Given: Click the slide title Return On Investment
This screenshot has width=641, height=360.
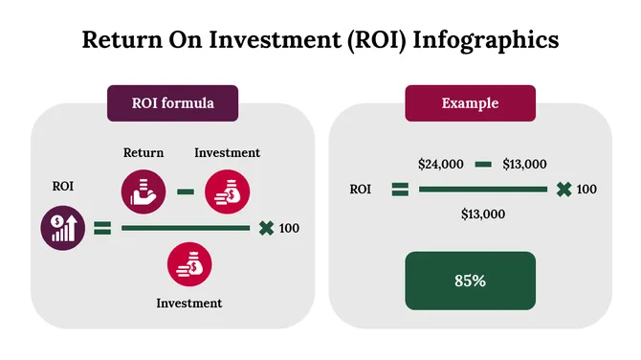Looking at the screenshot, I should pyautogui.click(x=320, y=39).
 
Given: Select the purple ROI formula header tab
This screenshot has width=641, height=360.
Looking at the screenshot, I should pyautogui.click(x=172, y=102).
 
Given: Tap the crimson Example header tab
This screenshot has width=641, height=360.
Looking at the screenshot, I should pyautogui.click(x=470, y=102).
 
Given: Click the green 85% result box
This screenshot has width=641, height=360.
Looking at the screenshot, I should pyautogui.click(x=470, y=281).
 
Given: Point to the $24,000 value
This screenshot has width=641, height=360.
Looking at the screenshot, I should pyautogui.click(x=441, y=164).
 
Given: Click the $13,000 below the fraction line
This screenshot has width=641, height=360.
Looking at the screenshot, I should pyautogui.click(x=482, y=214).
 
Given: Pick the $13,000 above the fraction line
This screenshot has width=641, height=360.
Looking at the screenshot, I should pyautogui.click(x=524, y=164).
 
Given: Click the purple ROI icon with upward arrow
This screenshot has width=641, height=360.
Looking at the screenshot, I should pyautogui.click(x=59, y=228).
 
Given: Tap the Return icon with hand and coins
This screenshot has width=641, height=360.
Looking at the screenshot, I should pyautogui.click(x=144, y=190).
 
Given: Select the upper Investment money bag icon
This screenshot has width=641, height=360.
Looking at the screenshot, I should pyautogui.click(x=227, y=190).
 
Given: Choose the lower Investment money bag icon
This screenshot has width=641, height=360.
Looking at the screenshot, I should pyautogui.click(x=189, y=265).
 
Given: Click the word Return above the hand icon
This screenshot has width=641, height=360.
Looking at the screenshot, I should pyautogui.click(x=144, y=152).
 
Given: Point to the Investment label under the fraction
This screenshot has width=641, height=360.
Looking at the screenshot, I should pyautogui.click(x=189, y=303).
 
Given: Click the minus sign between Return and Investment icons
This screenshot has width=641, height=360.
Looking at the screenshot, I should pyautogui.click(x=186, y=191).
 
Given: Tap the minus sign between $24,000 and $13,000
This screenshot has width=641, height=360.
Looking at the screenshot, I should pyautogui.click(x=483, y=164).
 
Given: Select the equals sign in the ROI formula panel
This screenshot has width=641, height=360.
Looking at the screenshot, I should pyautogui.click(x=102, y=228).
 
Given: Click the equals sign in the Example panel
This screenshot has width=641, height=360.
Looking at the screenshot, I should pyautogui.click(x=400, y=189).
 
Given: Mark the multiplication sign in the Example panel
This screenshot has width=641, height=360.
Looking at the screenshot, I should pyautogui.click(x=564, y=189).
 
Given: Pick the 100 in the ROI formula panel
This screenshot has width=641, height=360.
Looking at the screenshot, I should pyautogui.click(x=289, y=228).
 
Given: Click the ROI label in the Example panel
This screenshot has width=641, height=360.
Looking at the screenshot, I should pyautogui.click(x=361, y=189).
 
